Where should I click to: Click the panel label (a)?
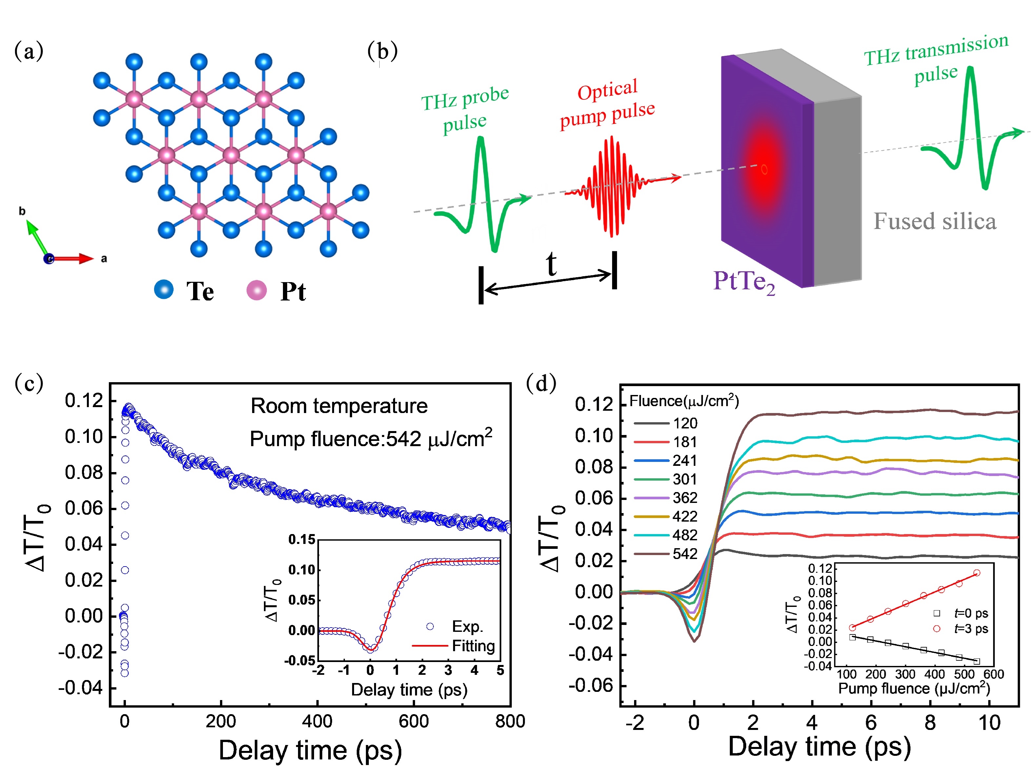[29, 51]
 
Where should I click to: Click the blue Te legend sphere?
[164, 289]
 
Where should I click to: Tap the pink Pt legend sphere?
[256, 290]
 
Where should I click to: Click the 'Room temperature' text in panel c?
[339, 406]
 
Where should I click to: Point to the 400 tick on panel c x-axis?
[317, 721]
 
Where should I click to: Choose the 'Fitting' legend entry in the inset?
[473, 646]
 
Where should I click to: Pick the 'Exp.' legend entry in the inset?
[467, 627]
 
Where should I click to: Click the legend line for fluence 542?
[651, 554]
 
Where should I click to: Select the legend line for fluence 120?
[651, 423]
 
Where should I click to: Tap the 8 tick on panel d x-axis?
[930, 722]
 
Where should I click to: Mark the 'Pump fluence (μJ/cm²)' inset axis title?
[914, 689]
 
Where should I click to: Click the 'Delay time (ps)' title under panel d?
[819, 747]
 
